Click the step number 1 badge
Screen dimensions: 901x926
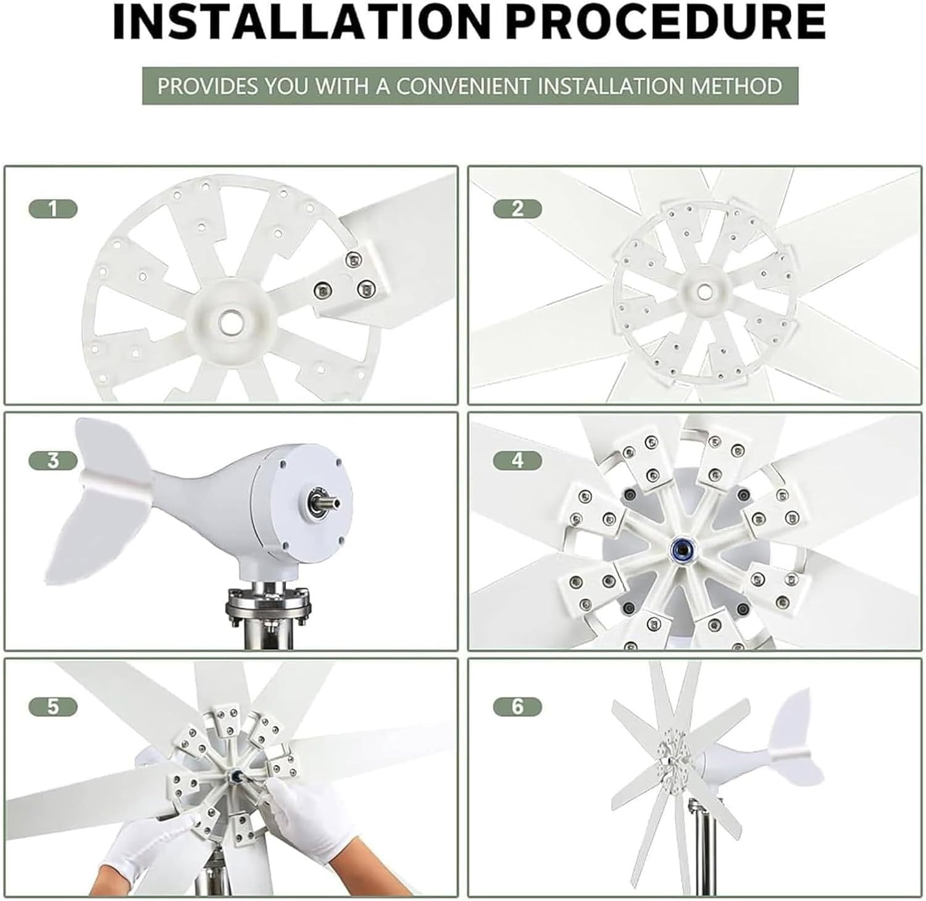tap(53, 209)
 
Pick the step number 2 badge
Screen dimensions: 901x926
tap(517, 209)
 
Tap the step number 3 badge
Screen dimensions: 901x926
tap(53, 460)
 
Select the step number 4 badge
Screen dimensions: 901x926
tap(517, 460)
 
